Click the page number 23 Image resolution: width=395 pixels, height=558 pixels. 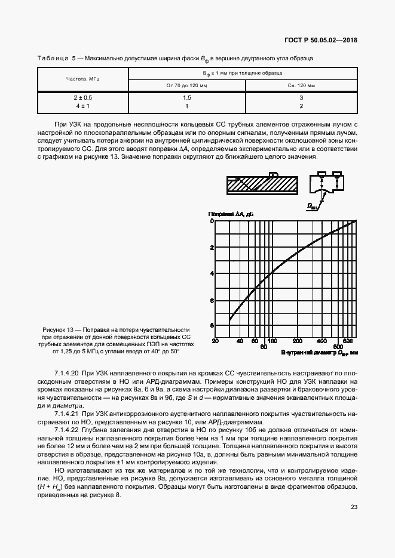(x=354, y=507)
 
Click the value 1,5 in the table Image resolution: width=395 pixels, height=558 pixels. (x=186, y=97)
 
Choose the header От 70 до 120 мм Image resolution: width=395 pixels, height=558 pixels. (x=186, y=86)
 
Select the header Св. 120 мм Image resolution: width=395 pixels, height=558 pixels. (x=301, y=86)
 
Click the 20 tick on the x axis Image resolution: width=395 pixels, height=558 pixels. (x=215, y=341)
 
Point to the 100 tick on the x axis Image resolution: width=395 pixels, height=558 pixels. (x=271, y=341)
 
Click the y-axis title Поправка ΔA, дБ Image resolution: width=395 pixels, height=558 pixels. (x=231, y=214)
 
